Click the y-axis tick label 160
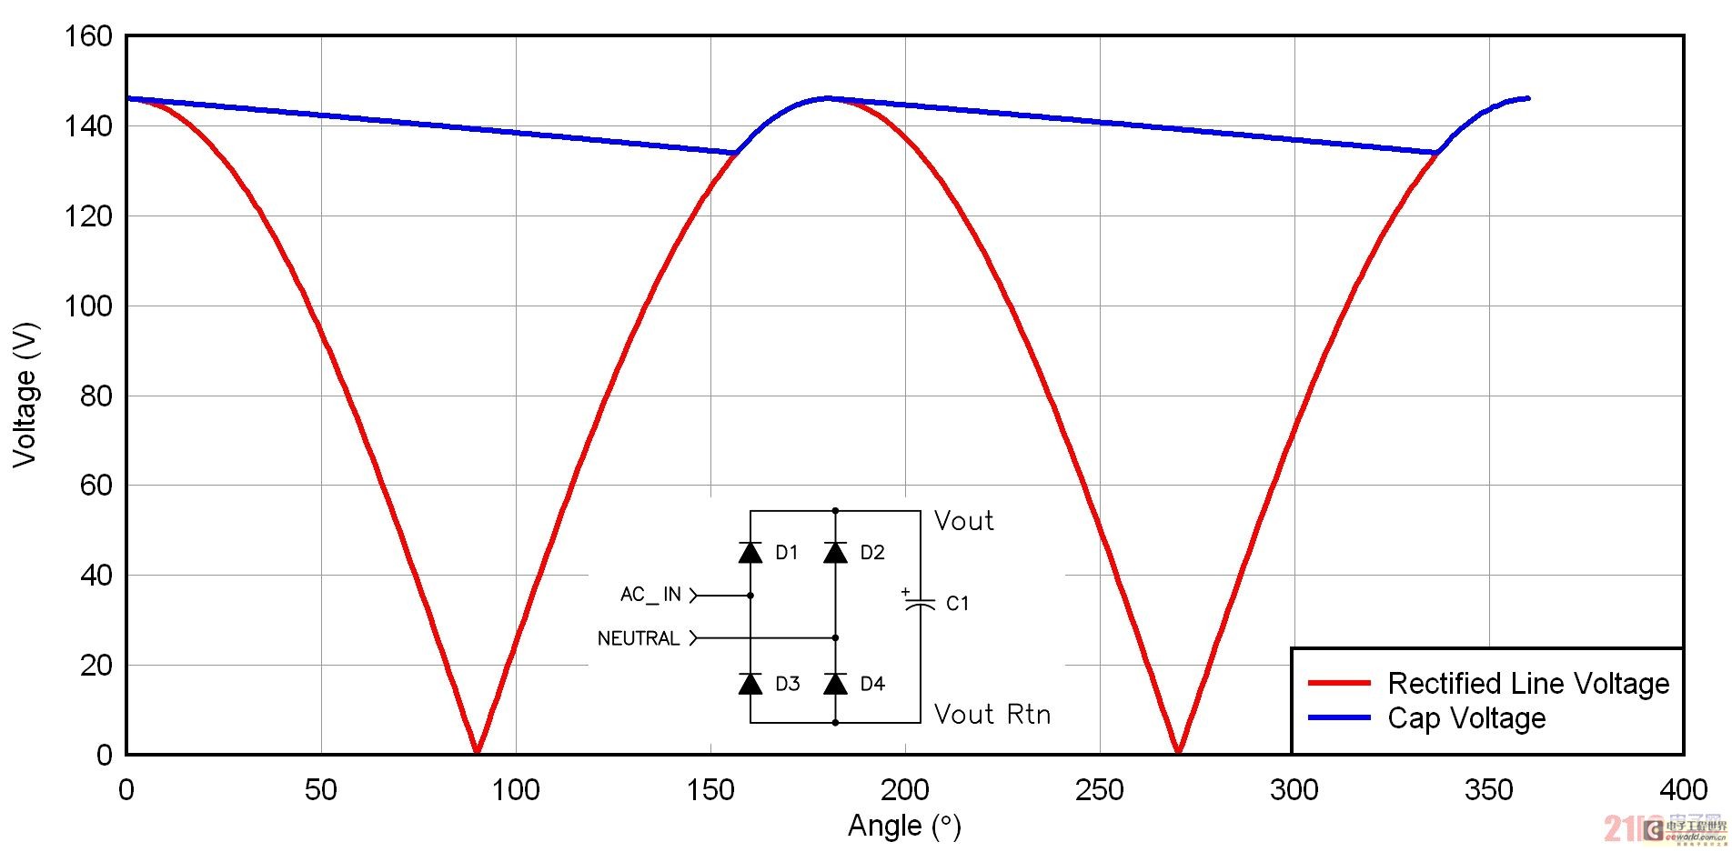(88, 37)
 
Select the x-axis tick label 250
(1100, 790)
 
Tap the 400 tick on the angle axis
(1683, 790)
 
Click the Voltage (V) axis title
(25, 395)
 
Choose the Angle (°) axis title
(904, 826)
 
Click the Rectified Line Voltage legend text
(1528, 683)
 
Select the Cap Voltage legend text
(1466, 718)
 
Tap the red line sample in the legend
(1339, 683)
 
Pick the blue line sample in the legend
(1339, 717)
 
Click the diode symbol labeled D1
(750, 552)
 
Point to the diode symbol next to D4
(835, 683)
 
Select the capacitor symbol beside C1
(920, 603)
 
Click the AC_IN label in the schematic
(650, 595)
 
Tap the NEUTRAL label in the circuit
(639, 638)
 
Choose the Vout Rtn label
(992, 715)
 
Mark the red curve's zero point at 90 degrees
(477, 750)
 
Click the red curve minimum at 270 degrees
(1178, 750)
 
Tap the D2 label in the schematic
(871, 553)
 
